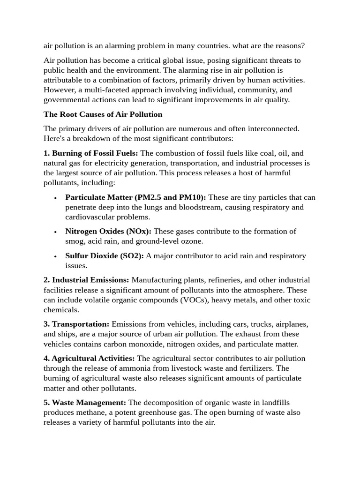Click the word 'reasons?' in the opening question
(x=289, y=46)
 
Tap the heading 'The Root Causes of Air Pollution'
(x=103, y=114)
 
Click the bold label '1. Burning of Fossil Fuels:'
(x=91, y=153)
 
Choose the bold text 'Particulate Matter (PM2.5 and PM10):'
(x=135, y=197)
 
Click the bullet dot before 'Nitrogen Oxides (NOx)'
(x=55, y=232)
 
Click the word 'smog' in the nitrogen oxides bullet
(x=75, y=241)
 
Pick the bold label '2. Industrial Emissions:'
(x=86, y=280)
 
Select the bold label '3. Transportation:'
(x=76, y=324)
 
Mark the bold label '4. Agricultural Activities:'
(x=89, y=359)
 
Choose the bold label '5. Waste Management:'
(x=85, y=403)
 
